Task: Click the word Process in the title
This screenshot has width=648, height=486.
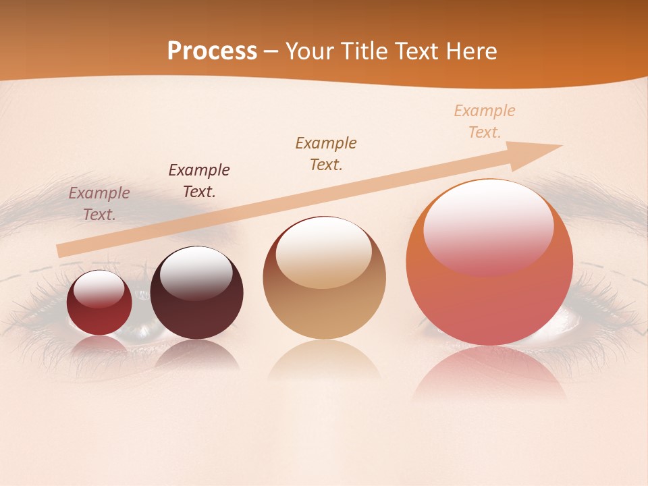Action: click(x=212, y=51)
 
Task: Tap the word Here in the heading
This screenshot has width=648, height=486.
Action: click(x=470, y=51)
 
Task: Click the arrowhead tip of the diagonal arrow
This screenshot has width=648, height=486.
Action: click(x=560, y=145)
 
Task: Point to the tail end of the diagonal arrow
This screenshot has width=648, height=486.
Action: click(x=59, y=251)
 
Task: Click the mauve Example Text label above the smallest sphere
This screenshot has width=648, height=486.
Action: click(x=99, y=204)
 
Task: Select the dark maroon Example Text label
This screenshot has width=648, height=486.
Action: click(x=199, y=181)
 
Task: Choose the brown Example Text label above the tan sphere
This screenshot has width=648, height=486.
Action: click(x=326, y=154)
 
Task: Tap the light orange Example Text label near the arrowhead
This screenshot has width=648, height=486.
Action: click(x=485, y=122)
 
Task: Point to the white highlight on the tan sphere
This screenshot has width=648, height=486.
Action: click(x=324, y=246)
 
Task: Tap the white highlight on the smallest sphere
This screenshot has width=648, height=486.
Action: click(x=99, y=288)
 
